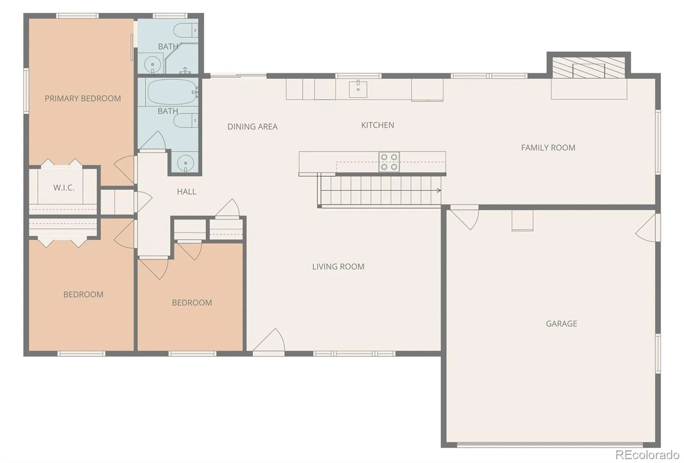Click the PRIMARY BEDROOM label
coord(83,98)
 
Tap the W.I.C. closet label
coord(64,188)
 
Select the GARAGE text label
coord(562,324)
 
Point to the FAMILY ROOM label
coord(548,148)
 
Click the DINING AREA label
coord(253,127)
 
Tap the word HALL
coord(186,192)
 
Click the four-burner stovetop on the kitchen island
coord(389,162)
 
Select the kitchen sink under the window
coord(358,89)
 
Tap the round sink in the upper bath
coord(152,64)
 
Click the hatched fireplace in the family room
coord(589,68)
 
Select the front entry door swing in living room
coord(269,341)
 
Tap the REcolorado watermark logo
coord(647,455)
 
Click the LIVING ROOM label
coord(338,267)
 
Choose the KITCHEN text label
coord(378,125)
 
